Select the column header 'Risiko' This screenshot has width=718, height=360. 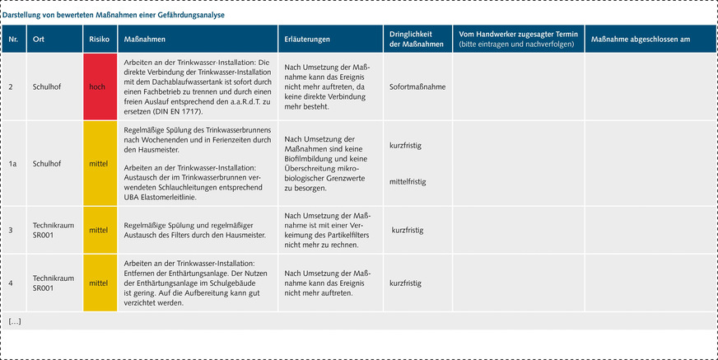[98, 39]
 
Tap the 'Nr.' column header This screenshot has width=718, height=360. [13, 39]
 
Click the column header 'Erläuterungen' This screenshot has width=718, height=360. [307, 39]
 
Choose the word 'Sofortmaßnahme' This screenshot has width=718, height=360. [418, 86]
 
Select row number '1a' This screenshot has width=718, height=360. [13, 163]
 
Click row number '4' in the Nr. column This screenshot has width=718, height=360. [11, 283]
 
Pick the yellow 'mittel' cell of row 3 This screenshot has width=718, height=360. [98, 230]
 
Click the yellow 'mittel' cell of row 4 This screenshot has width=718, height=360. [98, 283]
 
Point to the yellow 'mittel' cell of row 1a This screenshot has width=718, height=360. [98, 163]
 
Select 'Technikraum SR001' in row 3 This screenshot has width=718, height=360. [51, 230]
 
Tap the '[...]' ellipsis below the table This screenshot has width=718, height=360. [14, 320]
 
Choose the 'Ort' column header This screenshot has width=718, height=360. [39, 39]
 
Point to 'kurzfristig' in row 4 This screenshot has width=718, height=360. [407, 283]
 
